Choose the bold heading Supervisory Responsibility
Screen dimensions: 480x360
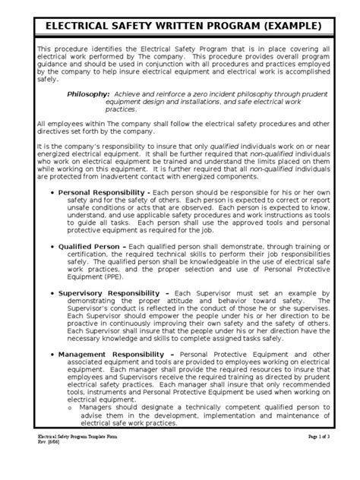pos(116,292)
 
